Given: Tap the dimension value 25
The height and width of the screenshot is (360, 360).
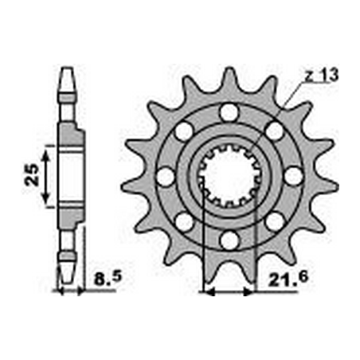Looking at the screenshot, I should coord(29,174).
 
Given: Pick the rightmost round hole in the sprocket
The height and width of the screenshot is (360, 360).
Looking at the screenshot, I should coord(293,175).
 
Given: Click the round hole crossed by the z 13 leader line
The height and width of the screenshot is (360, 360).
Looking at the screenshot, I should coord(275,129).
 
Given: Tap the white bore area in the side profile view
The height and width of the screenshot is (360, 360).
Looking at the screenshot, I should coord(69,174).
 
